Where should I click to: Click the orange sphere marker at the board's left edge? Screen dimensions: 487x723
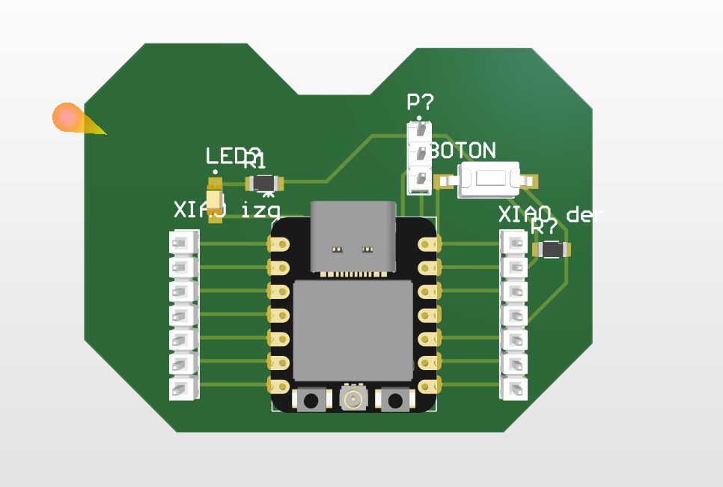67,117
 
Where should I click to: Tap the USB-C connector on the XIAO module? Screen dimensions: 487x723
353,236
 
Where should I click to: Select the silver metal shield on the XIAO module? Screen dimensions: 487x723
353,330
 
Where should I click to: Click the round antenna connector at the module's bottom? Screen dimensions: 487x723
353,398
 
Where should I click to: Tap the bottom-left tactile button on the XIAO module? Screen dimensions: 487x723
311,399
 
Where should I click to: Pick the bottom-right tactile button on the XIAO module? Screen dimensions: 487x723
395,399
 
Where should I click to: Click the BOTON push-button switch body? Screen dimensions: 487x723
489,180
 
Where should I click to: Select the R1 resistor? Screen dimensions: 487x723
265,183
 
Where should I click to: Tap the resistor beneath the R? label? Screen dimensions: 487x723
552,249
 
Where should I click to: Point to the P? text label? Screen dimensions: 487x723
420,103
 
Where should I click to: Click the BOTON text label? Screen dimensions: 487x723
463,151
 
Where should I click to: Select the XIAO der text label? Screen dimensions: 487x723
551,215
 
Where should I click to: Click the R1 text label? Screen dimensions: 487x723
254,160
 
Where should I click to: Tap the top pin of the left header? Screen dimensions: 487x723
183,243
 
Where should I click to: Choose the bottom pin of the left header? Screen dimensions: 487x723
183,387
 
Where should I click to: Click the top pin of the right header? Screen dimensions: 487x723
514,243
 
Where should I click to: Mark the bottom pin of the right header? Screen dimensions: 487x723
514,388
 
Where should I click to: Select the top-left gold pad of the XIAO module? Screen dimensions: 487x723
279,243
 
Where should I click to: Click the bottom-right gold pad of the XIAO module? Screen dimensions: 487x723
427,387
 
